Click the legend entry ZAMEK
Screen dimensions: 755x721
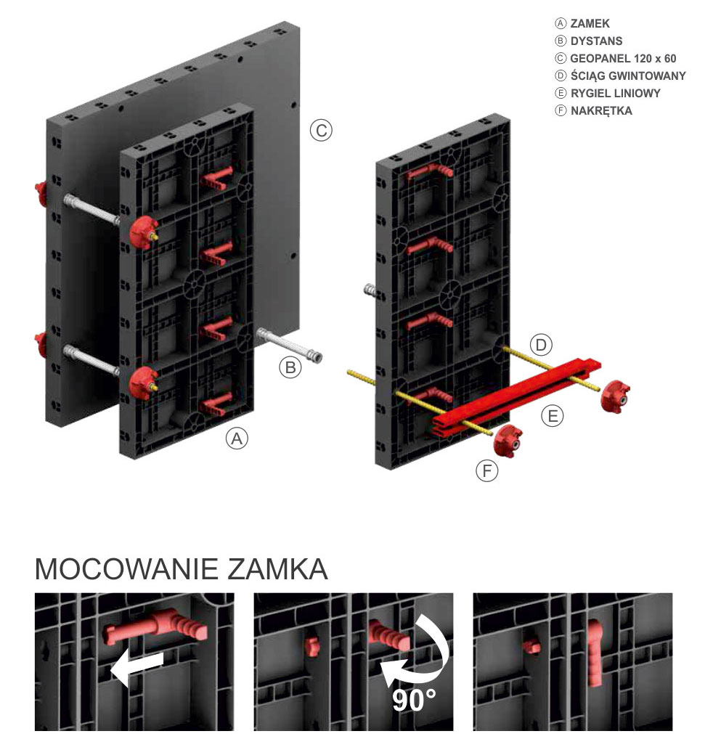590,23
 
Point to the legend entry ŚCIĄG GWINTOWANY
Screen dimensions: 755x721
628,75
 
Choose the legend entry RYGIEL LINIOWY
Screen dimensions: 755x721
615,93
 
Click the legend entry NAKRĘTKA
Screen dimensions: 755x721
601,110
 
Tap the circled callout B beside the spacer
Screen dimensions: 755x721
290,367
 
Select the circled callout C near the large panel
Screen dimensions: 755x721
320,131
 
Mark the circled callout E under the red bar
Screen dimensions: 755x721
553,416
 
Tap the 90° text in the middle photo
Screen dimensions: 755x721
414,701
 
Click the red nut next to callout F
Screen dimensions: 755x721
508,439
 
